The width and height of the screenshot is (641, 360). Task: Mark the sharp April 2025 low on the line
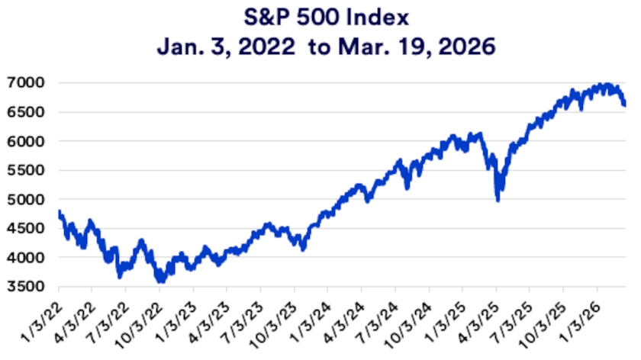[x=498, y=200]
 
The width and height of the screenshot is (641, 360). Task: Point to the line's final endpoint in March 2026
[x=624, y=105]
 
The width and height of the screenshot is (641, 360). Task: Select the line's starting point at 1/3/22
[x=59, y=211]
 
